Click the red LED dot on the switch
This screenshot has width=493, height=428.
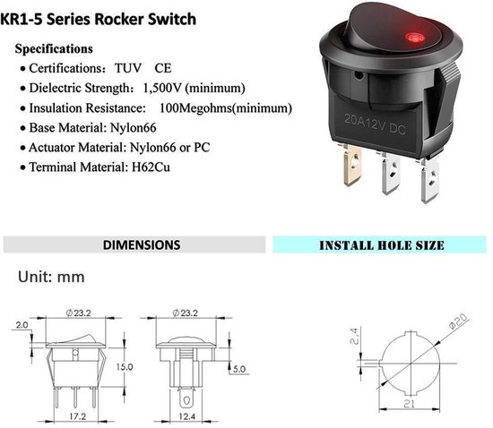click(415, 38)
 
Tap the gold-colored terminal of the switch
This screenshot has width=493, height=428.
click(352, 165)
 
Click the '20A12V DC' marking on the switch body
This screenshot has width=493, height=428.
click(375, 124)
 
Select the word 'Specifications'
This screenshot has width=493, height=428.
click(54, 49)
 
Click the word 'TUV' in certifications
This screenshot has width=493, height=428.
click(128, 68)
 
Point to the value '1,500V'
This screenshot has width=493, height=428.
click(162, 88)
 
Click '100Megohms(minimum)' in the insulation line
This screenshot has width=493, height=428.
click(226, 108)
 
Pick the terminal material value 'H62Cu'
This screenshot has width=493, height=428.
click(151, 167)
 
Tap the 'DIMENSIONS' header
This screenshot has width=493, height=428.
click(142, 245)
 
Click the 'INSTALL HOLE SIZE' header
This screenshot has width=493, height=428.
click(382, 245)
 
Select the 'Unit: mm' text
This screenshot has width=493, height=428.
click(51, 277)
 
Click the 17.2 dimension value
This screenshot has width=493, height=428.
click(78, 416)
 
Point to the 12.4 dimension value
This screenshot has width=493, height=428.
click(187, 416)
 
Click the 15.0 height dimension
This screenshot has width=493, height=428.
click(125, 367)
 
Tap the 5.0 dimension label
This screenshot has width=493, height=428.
click(239, 369)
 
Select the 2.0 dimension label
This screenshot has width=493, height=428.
click(22, 325)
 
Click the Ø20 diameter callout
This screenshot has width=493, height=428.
click(459, 321)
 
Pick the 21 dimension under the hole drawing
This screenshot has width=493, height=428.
click(409, 404)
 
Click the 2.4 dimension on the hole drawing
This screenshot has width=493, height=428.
click(354, 336)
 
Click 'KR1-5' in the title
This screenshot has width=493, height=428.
click(22, 19)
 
